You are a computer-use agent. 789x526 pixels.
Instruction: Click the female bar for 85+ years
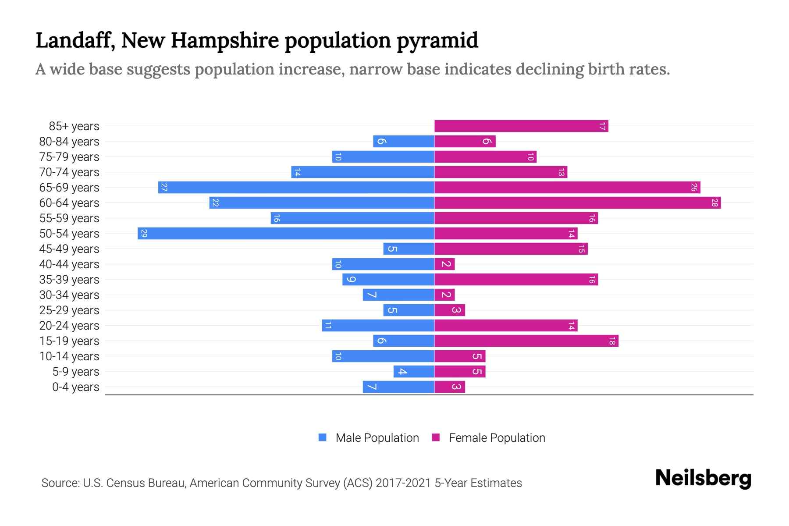click(521, 126)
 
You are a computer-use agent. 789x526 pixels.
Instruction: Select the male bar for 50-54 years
click(286, 234)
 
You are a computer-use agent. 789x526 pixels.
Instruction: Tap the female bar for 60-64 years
click(577, 203)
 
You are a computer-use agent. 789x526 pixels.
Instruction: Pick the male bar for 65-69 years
click(296, 188)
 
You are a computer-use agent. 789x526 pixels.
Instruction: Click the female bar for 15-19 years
click(526, 341)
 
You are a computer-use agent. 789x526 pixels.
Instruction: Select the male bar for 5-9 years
click(414, 372)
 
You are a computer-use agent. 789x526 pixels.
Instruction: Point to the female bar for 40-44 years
click(444, 264)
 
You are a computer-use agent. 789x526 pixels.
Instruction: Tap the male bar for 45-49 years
click(409, 249)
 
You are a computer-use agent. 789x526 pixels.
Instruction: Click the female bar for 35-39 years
click(516, 280)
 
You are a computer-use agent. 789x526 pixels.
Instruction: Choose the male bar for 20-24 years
click(378, 326)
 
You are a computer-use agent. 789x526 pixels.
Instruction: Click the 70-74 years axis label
click(69, 172)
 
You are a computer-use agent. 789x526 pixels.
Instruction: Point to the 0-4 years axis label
click(75, 387)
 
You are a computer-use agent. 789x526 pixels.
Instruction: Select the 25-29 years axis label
click(69, 310)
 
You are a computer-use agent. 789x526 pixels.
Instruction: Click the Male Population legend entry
click(377, 438)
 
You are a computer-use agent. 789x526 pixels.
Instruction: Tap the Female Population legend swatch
click(436, 437)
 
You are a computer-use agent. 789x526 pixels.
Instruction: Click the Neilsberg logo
click(703, 478)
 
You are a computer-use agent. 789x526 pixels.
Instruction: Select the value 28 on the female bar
click(714, 203)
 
